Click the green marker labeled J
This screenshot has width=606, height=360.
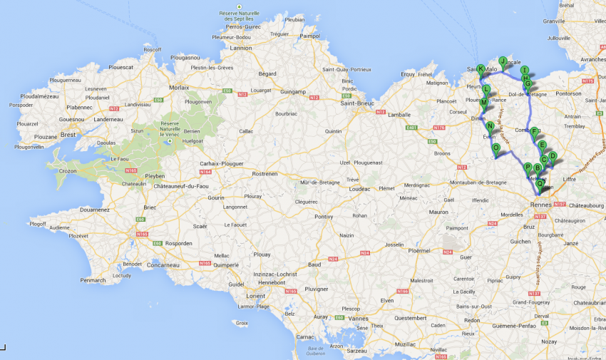[x=503, y=61]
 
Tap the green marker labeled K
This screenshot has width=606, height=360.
[x=481, y=69]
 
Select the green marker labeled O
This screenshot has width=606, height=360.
[x=495, y=148]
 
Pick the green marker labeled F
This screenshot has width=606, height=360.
[x=534, y=131]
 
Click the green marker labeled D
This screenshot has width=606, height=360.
[x=552, y=156]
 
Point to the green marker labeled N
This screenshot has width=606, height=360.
[x=491, y=126]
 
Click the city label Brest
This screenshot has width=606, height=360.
[x=68, y=134]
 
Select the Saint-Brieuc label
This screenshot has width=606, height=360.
[x=358, y=103]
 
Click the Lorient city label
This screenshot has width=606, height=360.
[x=259, y=295]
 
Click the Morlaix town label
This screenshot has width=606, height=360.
[x=179, y=87]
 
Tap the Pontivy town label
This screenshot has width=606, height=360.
[x=324, y=216]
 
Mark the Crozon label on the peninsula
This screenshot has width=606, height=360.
[x=68, y=171]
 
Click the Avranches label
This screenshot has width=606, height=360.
[x=592, y=59]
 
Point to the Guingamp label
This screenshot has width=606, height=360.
[x=292, y=92]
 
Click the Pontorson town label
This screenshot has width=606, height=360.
[x=568, y=93]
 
